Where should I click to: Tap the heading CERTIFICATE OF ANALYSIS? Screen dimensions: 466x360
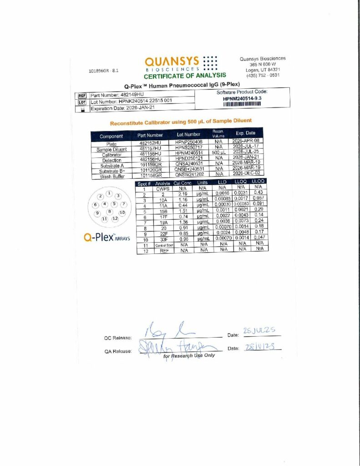click(185, 76)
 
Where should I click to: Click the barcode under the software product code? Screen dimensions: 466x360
click(242, 104)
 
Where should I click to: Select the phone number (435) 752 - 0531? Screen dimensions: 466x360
click(264, 76)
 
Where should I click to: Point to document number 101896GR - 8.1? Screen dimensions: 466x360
click(104, 71)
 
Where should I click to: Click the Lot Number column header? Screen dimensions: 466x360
click(189, 135)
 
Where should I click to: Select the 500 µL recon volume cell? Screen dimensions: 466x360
click(218, 153)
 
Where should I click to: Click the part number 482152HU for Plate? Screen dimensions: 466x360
click(150, 143)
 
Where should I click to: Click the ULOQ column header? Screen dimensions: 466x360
click(259, 182)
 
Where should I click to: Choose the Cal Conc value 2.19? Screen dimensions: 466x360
click(183, 194)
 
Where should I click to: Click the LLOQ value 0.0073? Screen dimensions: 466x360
click(241, 222)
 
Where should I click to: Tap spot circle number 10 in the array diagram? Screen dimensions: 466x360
click(122, 213)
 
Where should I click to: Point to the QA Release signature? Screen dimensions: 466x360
click(180, 349)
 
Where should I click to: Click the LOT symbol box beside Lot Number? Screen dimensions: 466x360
click(82, 102)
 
